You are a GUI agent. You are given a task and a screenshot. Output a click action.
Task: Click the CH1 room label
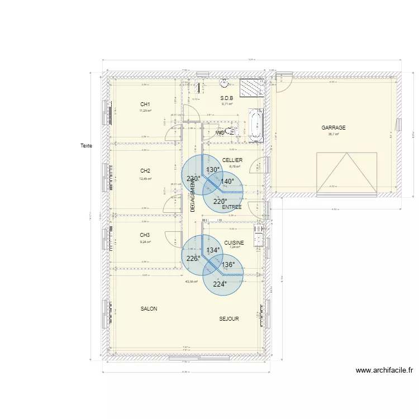click(145, 104)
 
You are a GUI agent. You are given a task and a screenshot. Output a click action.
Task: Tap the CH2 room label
click(145, 171)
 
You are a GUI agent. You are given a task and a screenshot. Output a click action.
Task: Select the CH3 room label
click(145, 235)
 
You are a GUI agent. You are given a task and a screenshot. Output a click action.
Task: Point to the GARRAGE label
click(334, 128)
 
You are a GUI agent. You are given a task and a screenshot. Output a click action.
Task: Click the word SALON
click(149, 309)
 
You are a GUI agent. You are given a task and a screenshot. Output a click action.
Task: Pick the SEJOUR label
click(229, 319)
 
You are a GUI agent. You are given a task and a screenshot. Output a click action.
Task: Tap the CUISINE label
click(234, 243)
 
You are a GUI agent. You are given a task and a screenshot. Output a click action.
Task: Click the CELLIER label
click(232, 160)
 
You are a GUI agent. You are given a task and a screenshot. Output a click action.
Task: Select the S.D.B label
click(226, 98)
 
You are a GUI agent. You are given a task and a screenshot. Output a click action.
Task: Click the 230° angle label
click(193, 179)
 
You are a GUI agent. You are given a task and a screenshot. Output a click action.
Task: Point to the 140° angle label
click(227, 182)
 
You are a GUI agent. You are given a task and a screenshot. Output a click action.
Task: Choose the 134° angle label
click(213, 251)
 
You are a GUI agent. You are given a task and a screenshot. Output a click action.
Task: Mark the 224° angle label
click(220, 284)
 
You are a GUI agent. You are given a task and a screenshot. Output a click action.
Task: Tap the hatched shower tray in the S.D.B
click(251, 88)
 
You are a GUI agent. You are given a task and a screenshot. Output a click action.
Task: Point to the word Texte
click(86, 146)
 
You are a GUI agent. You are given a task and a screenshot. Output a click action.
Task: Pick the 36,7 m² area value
click(334, 134)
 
